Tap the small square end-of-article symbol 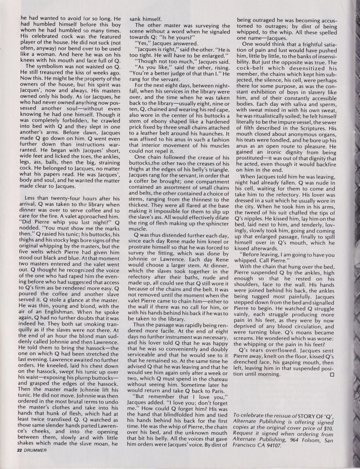(332, 374)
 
